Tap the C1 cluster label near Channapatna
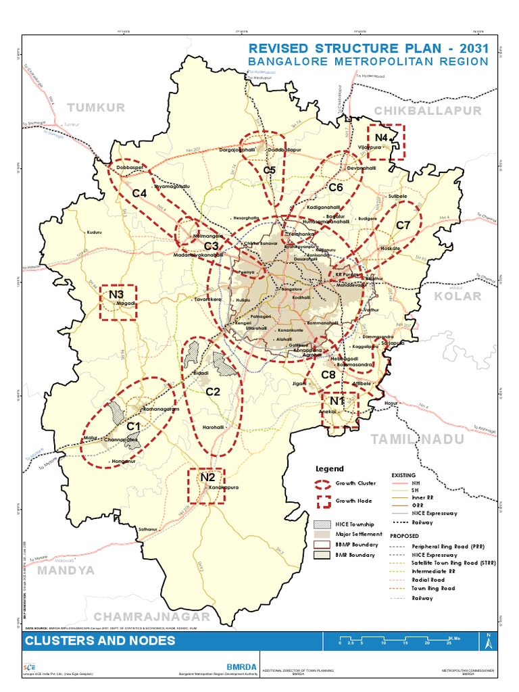point(133,426)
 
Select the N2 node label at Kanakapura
point(207,478)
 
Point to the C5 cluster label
point(270,170)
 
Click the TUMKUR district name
point(97,107)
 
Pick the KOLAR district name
point(458,296)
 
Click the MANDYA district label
point(66,570)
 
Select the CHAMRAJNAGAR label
point(152,616)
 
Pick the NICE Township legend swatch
point(324,524)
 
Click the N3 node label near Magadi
point(116,294)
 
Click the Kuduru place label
point(95,232)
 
